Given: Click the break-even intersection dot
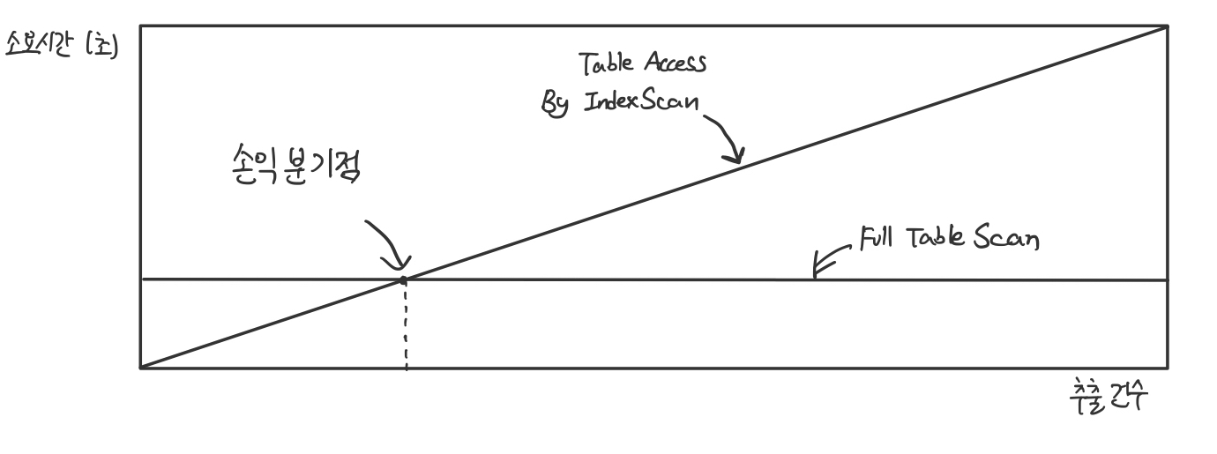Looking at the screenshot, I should coord(404,279).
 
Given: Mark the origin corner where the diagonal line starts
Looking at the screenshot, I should coord(141,368).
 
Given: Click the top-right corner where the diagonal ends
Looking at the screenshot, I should coord(1167,26).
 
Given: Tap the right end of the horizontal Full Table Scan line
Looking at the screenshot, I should coord(1166,279).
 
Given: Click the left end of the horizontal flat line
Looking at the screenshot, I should coord(142,279).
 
